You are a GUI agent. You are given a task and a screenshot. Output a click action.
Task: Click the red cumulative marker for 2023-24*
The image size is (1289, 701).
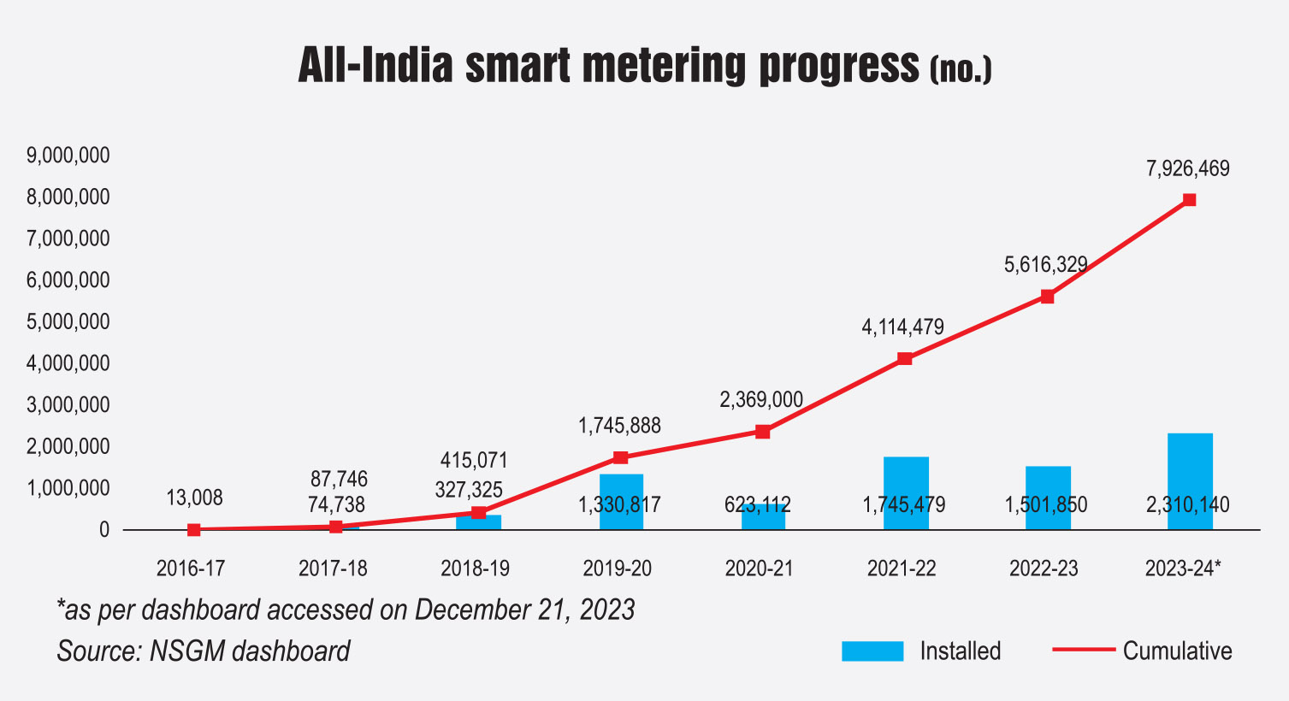[x=1189, y=200]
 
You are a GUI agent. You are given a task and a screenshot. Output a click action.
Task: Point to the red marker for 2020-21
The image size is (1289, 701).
[x=762, y=432]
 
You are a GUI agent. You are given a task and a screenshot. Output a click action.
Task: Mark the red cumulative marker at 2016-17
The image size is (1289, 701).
[x=194, y=530]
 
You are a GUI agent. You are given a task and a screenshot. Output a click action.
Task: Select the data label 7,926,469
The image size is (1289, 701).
[x=1187, y=168]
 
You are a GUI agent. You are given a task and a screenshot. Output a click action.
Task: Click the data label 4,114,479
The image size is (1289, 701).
[x=902, y=327]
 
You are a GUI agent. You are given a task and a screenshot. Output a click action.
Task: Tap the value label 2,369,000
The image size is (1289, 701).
[x=761, y=400]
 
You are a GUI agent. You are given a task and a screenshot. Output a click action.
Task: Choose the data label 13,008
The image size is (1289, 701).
[x=194, y=498]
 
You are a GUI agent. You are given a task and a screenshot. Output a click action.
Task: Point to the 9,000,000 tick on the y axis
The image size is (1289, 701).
[x=68, y=156]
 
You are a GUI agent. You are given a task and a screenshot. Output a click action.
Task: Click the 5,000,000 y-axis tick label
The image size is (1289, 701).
[x=68, y=322]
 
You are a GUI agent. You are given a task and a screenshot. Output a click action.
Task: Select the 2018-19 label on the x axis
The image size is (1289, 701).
[x=475, y=568]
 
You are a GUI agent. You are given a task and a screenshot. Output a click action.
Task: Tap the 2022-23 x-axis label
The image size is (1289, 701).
[x=1044, y=568]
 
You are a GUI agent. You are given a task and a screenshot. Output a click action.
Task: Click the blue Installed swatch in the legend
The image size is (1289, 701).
[x=872, y=651]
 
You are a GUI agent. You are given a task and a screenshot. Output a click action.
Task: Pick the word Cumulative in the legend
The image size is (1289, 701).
[x=1177, y=651]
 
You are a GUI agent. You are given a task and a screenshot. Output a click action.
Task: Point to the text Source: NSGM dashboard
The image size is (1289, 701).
[x=204, y=651]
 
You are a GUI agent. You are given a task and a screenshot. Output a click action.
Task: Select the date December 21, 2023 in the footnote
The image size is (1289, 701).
[x=524, y=610]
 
